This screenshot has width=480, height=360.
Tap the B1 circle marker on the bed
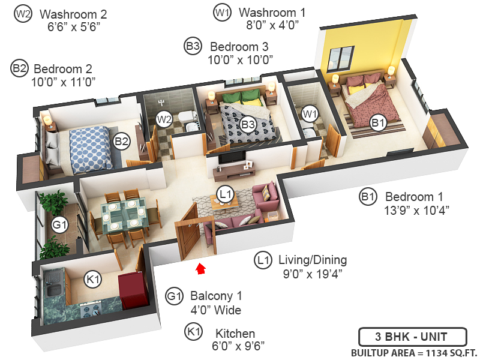377,123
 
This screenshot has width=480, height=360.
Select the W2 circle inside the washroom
163,119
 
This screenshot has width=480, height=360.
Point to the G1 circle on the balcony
59,226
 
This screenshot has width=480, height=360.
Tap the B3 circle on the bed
248,124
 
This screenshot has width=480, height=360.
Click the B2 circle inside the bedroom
122,142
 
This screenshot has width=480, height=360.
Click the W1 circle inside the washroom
309,113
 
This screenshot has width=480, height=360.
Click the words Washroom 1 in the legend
268,12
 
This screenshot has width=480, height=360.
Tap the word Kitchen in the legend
235,334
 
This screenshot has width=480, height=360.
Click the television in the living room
230,158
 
